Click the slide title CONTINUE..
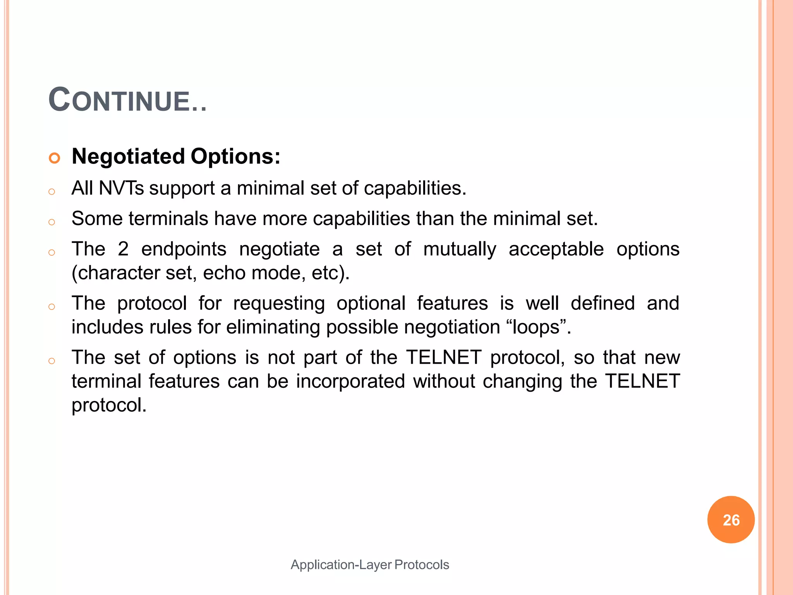click(x=127, y=100)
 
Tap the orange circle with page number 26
click(x=731, y=520)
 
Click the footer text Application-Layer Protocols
click(x=370, y=564)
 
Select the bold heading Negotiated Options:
click(x=176, y=156)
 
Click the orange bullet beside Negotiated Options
click(x=55, y=158)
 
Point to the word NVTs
click(x=121, y=188)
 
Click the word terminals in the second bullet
click(x=168, y=218)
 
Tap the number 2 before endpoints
click(x=123, y=249)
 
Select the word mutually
click(x=460, y=249)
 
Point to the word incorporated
click(x=350, y=382)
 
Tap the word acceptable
click(x=556, y=249)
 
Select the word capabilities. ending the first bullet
click(x=415, y=189)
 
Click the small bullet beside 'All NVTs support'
click(x=52, y=191)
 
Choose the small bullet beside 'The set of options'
click(x=52, y=361)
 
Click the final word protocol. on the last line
click(x=109, y=406)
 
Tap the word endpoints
click(x=184, y=249)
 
